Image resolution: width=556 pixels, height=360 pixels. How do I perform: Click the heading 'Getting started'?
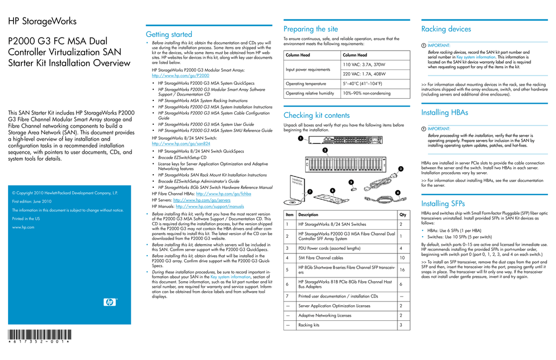coord(169,34)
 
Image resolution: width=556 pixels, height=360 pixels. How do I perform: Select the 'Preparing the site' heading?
coord(311,29)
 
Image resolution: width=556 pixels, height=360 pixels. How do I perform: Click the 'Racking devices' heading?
coord(446,29)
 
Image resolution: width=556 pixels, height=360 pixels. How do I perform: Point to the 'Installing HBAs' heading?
coord(444,112)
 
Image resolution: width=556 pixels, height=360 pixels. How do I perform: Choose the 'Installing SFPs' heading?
coord(443,204)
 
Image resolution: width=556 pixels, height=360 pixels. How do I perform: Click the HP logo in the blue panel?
coord(110,302)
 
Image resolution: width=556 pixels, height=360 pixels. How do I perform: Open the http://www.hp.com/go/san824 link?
coord(174,144)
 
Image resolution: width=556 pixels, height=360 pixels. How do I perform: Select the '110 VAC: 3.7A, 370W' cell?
coord(364,65)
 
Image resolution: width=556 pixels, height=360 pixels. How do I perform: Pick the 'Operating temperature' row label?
coord(306,84)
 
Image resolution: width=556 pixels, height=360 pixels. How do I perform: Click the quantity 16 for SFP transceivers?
coord(401,270)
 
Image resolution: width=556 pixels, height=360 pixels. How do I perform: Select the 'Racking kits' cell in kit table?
coord(309,325)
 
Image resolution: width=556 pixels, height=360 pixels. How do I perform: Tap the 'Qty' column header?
coord(402,214)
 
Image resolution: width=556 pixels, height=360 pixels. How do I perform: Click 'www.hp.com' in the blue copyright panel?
coord(23,228)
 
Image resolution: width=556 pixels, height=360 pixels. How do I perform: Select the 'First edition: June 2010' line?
coord(31,201)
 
